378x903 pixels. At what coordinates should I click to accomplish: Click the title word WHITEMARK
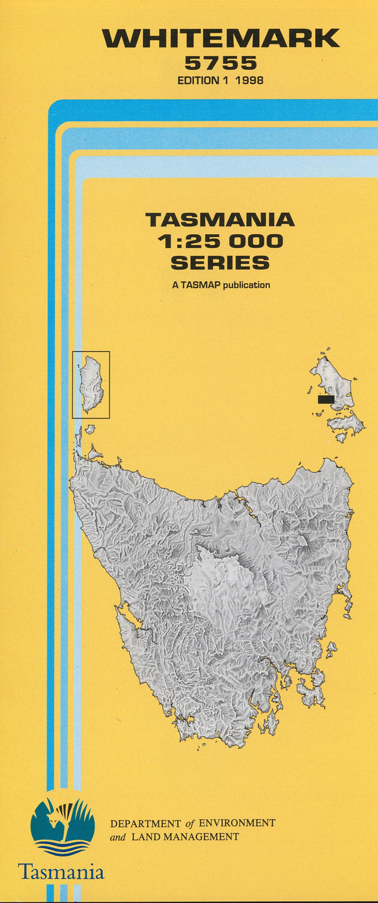click(221, 39)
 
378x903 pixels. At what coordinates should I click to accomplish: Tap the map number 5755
click(220, 63)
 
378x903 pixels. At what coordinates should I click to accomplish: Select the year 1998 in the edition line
click(249, 80)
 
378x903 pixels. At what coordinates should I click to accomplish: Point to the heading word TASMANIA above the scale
click(220, 220)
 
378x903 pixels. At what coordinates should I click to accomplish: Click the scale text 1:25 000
click(220, 241)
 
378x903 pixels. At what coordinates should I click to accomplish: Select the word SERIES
click(220, 262)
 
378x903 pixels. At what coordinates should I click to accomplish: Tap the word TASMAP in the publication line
click(200, 285)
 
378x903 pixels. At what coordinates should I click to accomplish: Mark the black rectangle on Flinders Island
click(326, 399)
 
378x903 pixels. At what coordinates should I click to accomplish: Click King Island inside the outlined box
click(92, 383)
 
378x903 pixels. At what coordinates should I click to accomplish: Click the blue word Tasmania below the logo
click(61, 872)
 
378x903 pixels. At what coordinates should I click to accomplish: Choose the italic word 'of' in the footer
click(190, 823)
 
